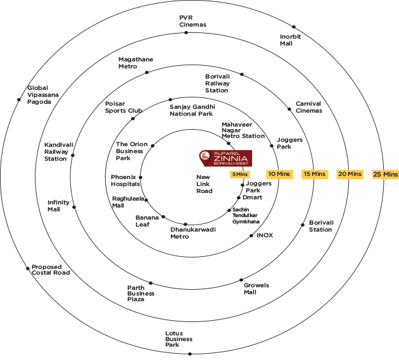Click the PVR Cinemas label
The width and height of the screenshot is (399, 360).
193,21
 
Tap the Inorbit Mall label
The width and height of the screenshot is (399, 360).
290,40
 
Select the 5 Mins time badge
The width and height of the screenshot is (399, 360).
240,174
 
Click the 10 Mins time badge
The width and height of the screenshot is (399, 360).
279,173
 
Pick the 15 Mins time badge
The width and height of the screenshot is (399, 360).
314,173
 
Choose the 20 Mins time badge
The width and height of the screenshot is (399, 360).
350,173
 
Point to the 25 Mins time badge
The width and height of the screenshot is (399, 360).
385,173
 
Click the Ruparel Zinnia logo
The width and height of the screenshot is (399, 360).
225,159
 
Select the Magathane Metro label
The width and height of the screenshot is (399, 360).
136,63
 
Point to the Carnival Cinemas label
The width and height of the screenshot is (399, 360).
308,107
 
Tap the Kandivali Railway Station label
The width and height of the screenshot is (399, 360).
56,152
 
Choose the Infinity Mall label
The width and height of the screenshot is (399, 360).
58,206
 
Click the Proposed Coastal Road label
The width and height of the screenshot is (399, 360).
51,270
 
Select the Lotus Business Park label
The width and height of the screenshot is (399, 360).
179,339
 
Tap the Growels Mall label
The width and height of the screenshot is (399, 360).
256,289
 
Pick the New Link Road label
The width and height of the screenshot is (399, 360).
204,183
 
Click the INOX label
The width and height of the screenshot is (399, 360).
264,235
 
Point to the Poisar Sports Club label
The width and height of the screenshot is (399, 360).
123,107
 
